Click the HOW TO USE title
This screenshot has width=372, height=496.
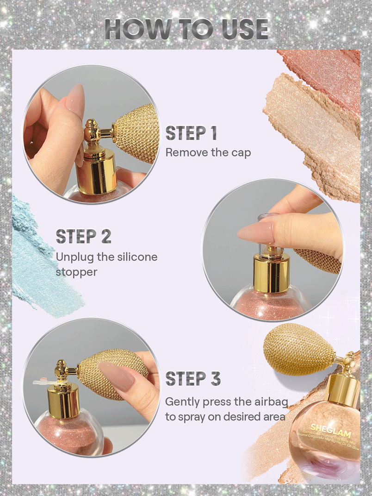click(186, 29)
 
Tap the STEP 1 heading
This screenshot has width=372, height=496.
click(191, 133)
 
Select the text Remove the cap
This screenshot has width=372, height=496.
click(208, 152)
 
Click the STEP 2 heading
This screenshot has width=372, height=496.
click(83, 236)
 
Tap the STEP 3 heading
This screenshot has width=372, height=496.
click(193, 379)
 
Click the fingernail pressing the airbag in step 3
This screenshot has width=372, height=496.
click(116, 375)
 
